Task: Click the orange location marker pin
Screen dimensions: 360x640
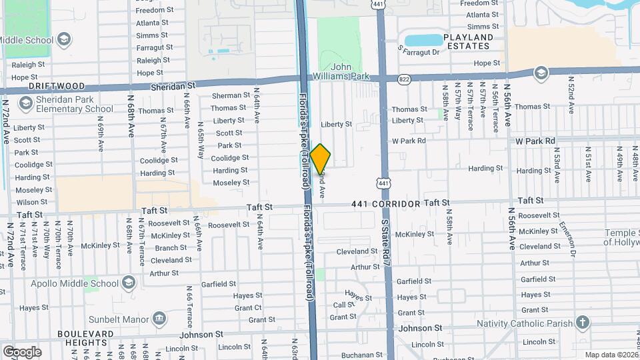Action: (320, 159)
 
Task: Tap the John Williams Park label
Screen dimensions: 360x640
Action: (351, 71)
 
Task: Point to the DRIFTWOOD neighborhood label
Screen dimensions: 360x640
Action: (57, 87)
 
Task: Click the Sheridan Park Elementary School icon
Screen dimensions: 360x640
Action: (27, 103)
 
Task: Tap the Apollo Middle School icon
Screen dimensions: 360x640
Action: (128, 283)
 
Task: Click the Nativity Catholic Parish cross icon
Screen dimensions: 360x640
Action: (583, 323)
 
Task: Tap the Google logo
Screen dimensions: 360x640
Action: (22, 351)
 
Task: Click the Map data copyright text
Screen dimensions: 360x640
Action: (611, 355)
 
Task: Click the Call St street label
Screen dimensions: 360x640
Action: (344, 305)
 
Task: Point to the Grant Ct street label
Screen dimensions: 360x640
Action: (247, 308)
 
